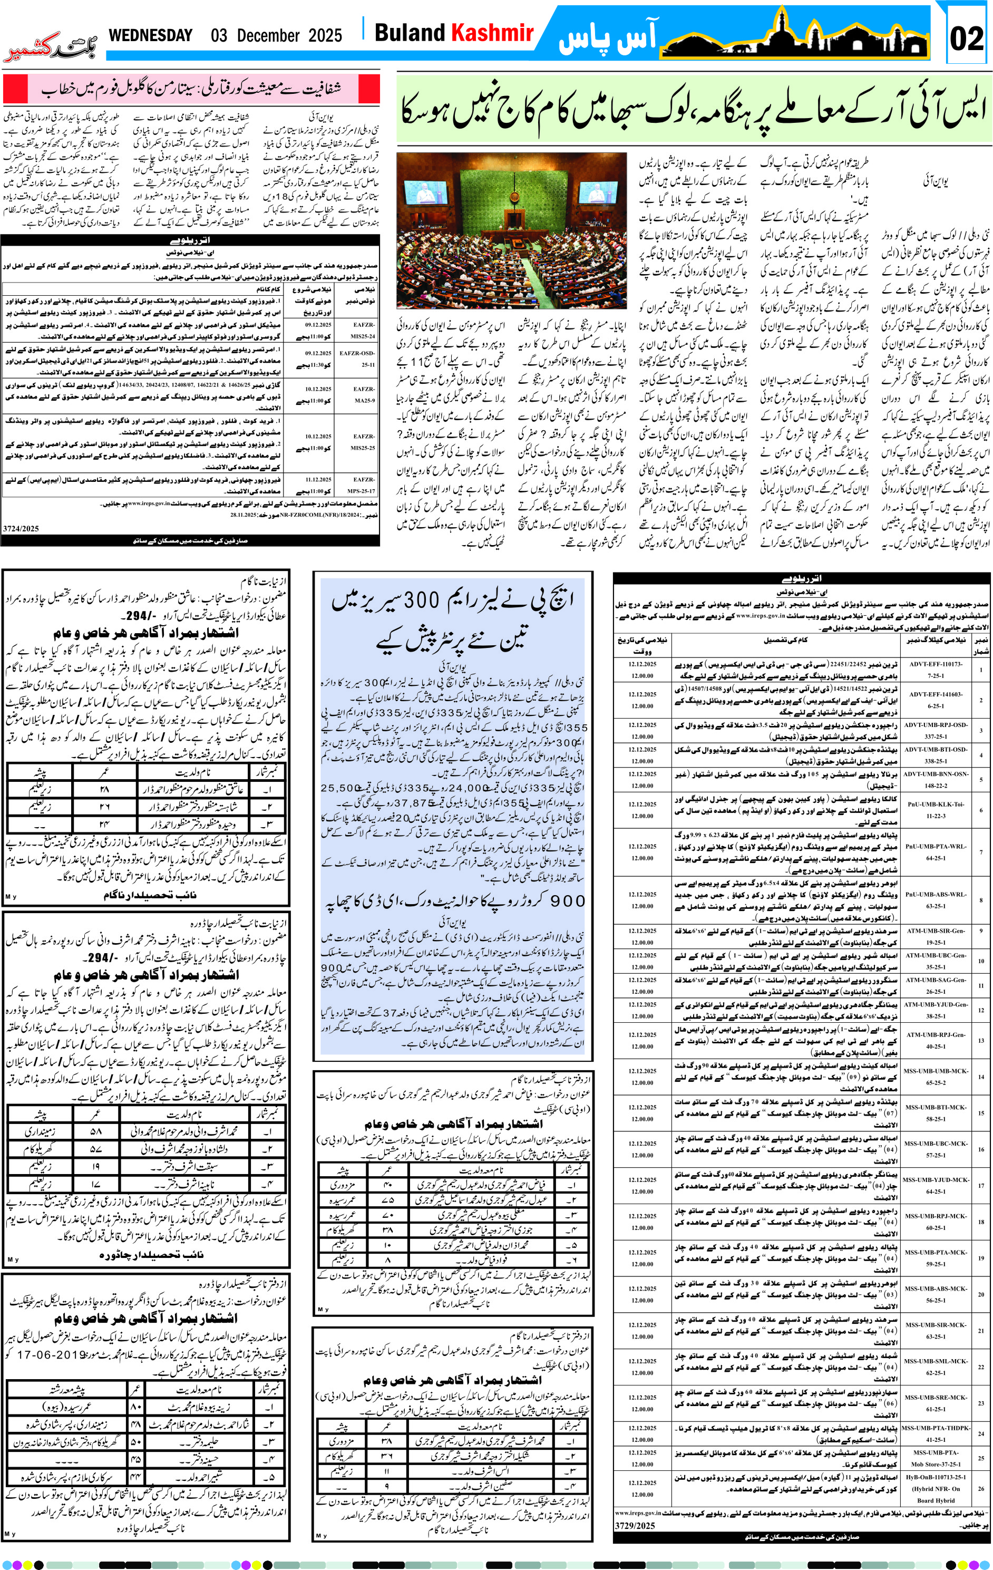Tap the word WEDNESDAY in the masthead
click(x=151, y=35)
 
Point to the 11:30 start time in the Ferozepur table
click(x=316, y=365)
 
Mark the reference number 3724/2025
click(x=21, y=528)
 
